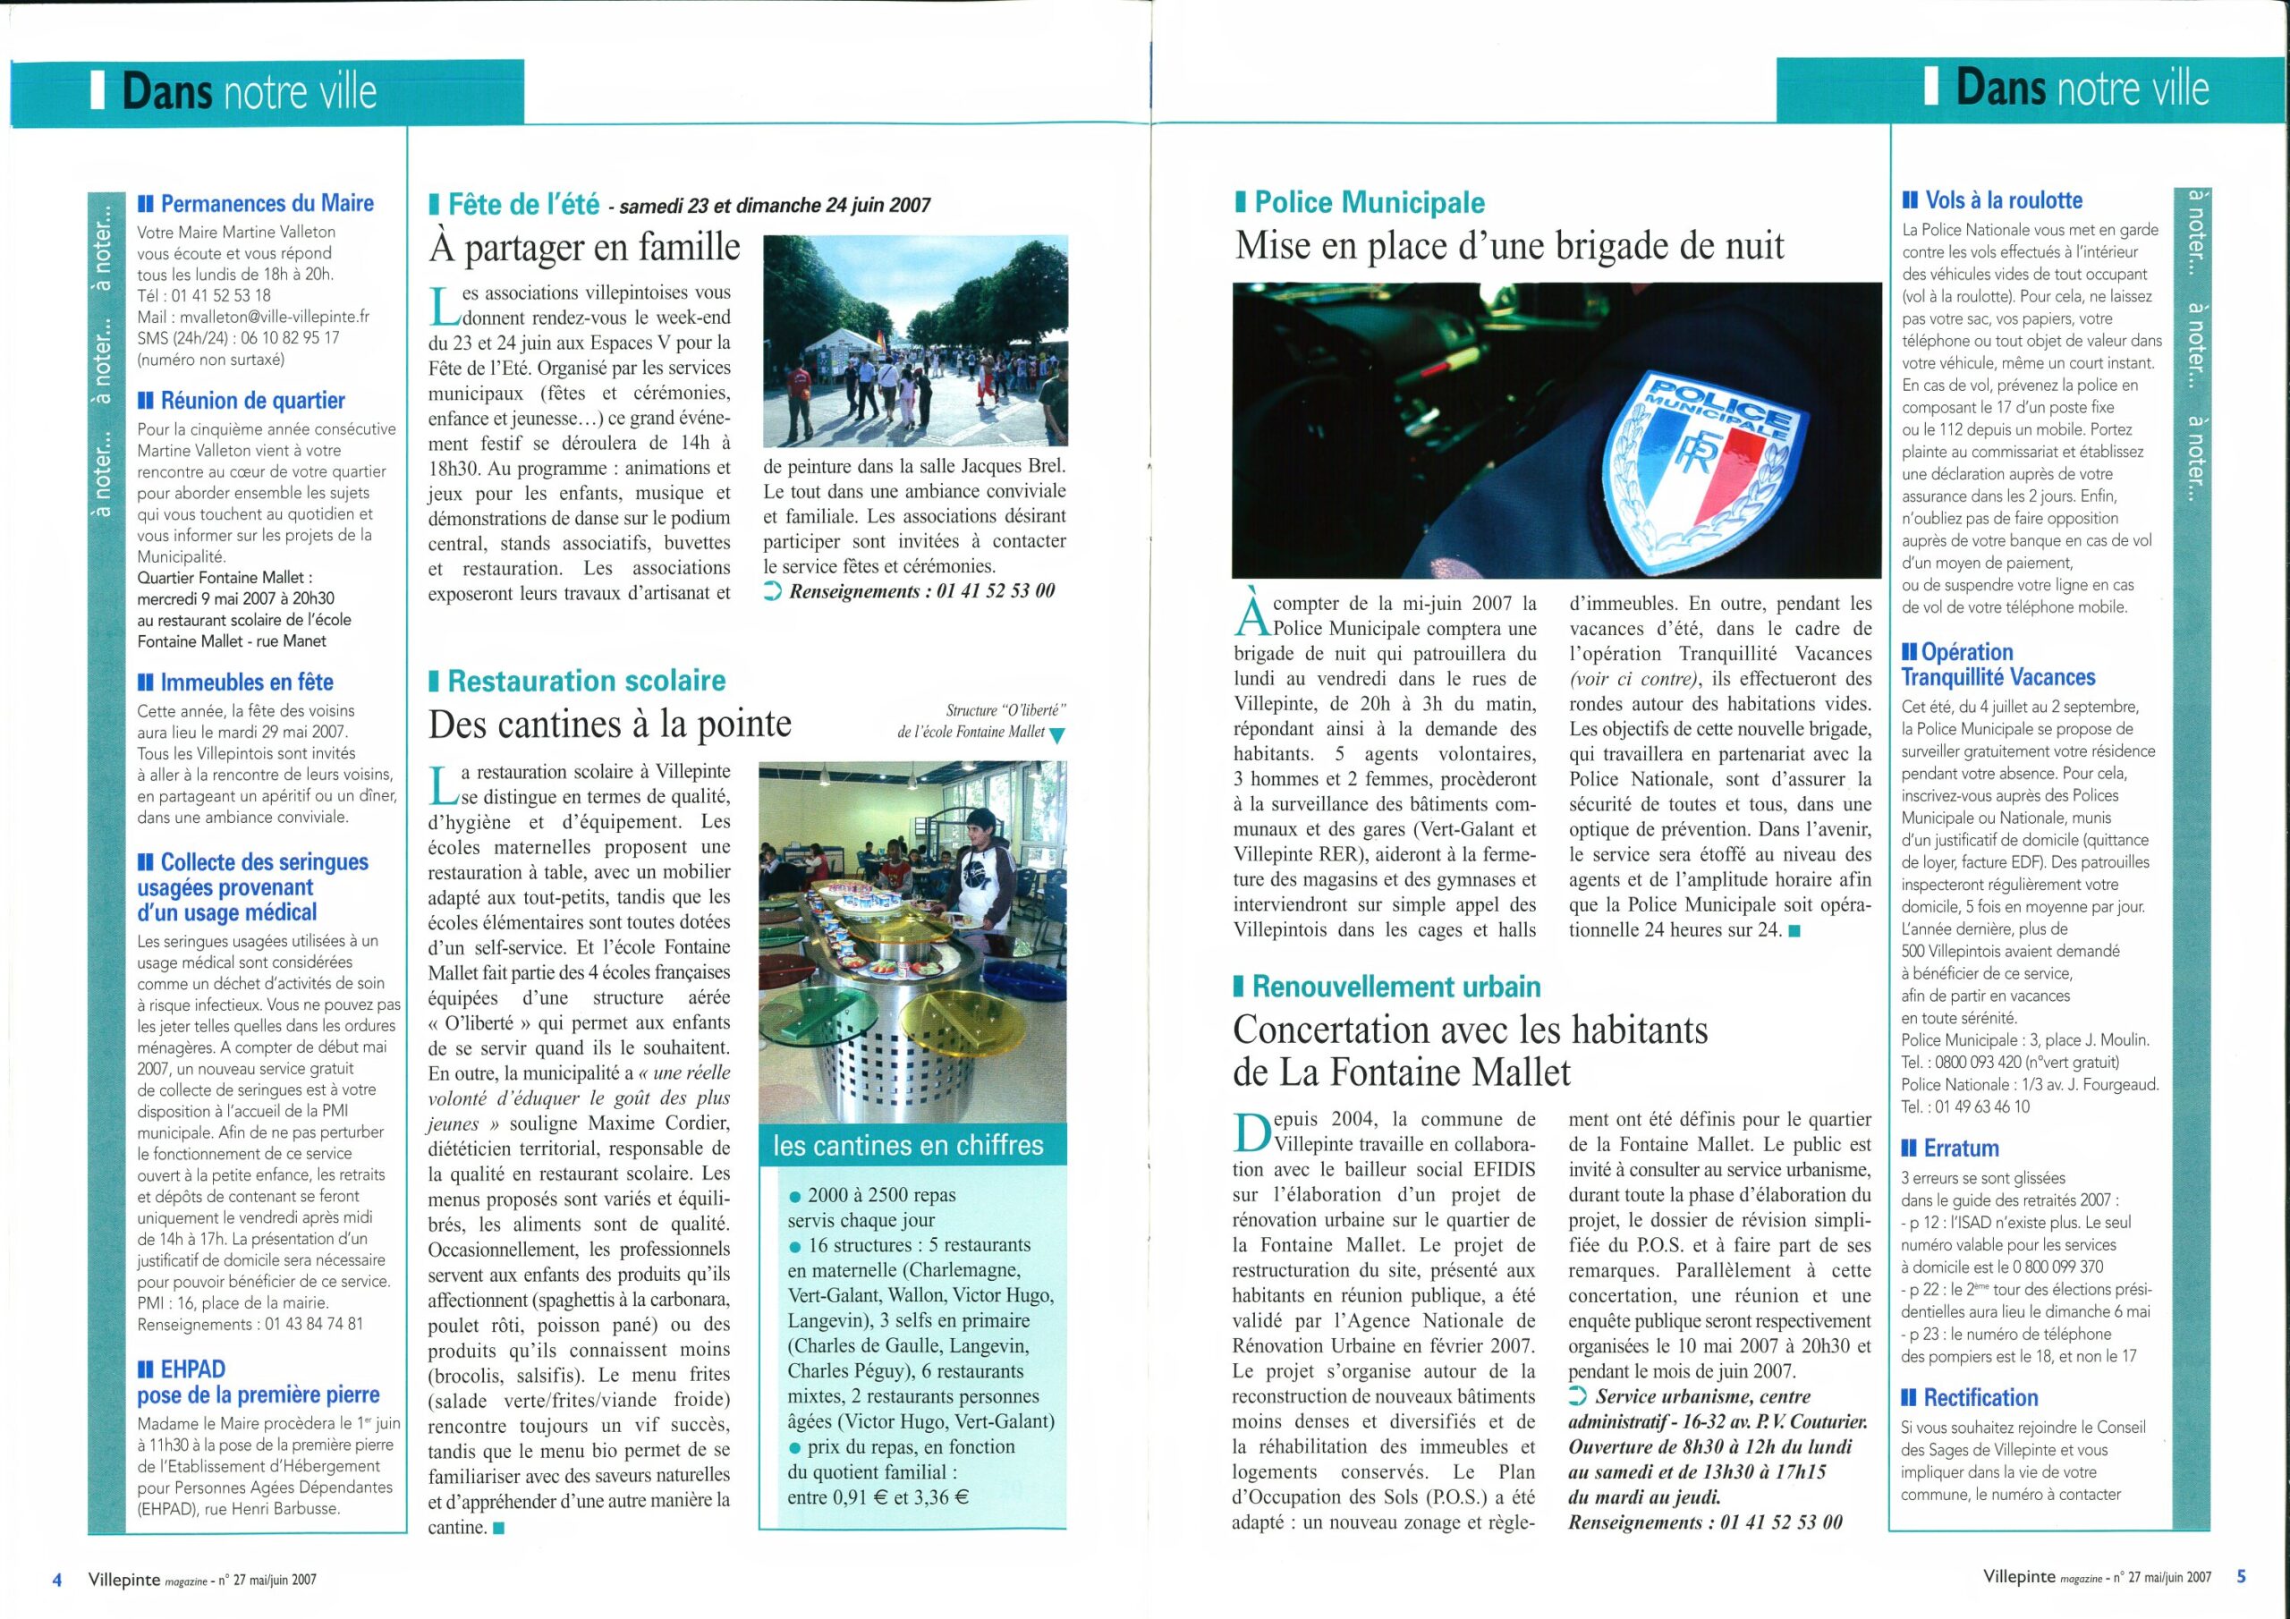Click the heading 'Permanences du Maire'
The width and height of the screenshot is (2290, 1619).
(267, 204)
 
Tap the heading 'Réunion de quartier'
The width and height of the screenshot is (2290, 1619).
(252, 401)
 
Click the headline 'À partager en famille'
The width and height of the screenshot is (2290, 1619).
(584, 248)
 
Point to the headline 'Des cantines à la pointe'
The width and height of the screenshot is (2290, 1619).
(609, 725)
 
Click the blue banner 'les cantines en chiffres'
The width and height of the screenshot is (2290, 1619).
(909, 1145)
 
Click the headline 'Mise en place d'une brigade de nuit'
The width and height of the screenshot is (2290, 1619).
(1509, 246)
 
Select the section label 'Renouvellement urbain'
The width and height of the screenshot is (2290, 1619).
(1395, 988)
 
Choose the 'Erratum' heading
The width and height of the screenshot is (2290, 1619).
(1961, 1149)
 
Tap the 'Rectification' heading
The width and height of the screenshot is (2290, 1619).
(1980, 1397)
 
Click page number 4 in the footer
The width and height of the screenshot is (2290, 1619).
(57, 1579)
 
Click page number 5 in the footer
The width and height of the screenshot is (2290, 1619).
(2241, 1578)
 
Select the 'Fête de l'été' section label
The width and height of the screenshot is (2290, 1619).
(522, 206)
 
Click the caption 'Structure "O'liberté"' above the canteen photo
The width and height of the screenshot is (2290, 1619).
(1006, 711)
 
